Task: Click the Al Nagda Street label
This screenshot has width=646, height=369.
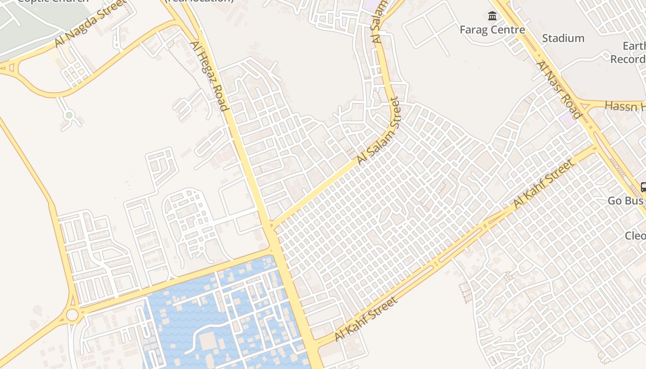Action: coord(90,23)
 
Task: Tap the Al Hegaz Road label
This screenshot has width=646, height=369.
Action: coord(209,76)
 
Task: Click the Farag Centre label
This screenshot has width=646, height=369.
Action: coord(492,30)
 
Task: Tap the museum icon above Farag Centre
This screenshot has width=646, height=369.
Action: coord(492,17)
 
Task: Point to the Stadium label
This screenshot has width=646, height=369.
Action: coord(563,38)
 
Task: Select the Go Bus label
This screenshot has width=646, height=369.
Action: coord(625,201)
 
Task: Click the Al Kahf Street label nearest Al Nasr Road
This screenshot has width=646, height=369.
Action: coord(544,183)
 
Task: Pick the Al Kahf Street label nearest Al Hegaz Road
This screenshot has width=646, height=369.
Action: coord(365,319)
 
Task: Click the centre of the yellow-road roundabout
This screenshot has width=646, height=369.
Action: coord(72,315)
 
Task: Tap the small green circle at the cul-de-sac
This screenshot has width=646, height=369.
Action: coord(69,115)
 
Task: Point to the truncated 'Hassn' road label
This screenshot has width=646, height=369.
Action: coord(625,106)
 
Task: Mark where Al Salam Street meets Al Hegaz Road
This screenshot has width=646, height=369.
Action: coord(272,226)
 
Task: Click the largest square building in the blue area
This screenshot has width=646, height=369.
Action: coord(208,341)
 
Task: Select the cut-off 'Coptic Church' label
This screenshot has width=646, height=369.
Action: coord(53,1)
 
